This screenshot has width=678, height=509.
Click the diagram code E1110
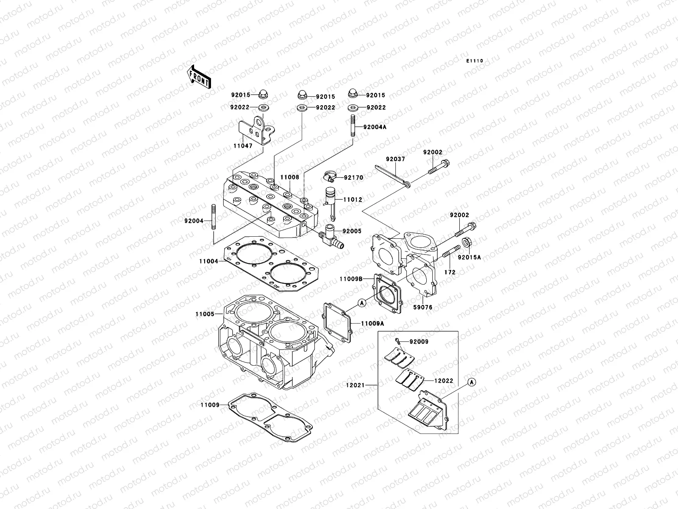coord(475,61)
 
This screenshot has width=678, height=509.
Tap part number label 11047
coord(242,145)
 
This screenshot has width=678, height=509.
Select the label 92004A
coord(375,127)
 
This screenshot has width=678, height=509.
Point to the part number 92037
coord(395,159)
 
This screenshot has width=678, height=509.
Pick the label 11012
coord(353,199)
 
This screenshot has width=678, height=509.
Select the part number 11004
coord(208,261)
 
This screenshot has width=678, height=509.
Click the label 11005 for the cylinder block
coord(204,314)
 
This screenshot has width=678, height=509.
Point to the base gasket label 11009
coord(210,405)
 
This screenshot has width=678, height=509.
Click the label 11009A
coord(372,335)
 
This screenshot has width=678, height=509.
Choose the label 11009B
coord(350,279)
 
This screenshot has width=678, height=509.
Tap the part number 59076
coord(423,307)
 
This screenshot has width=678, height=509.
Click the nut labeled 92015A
coord(466,243)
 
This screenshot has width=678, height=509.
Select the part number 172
coord(450,272)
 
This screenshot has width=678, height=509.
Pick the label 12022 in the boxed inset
coord(443,381)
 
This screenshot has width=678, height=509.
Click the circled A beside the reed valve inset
coord(472,382)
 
